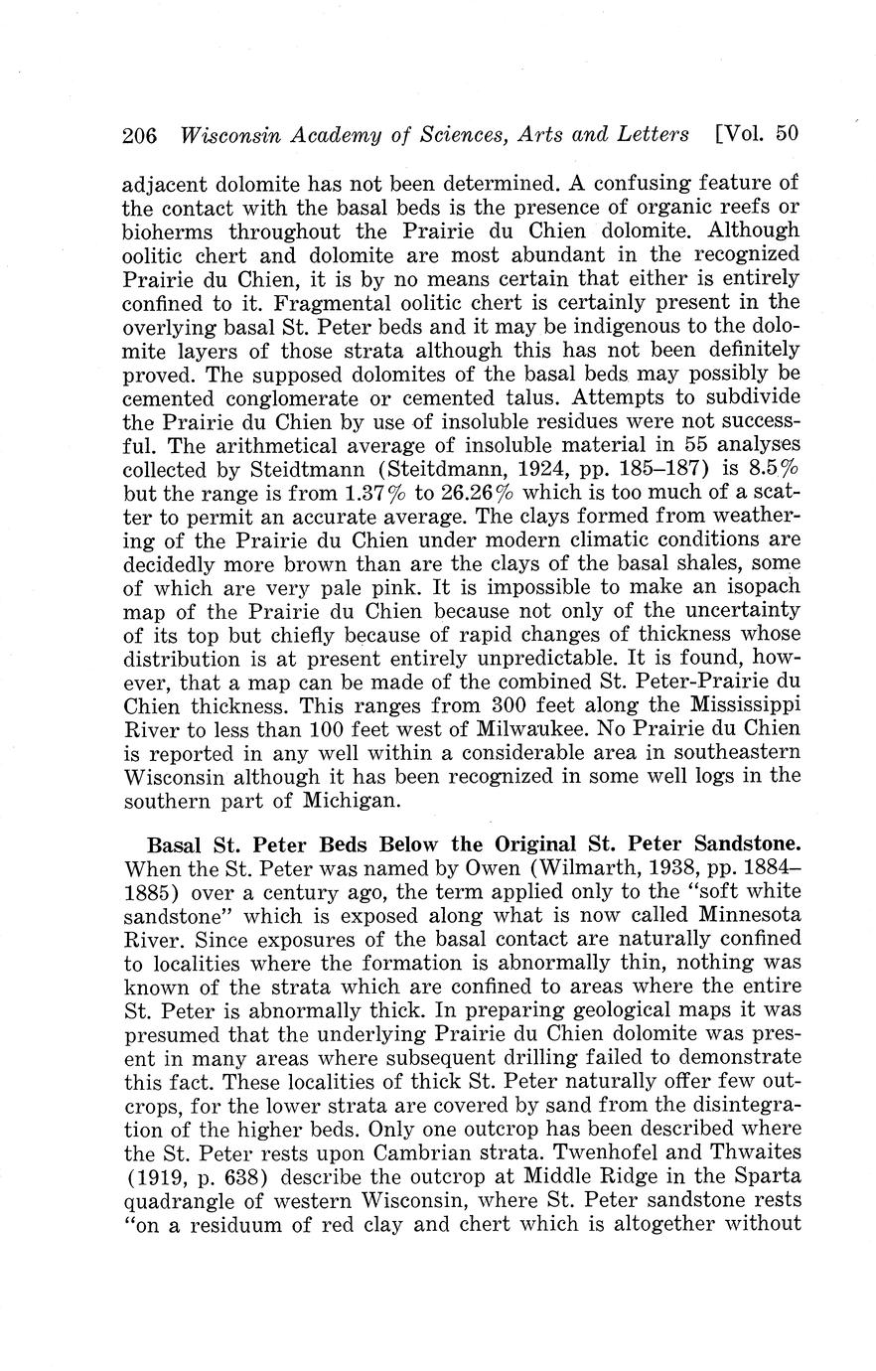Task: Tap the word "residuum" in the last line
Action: tap(219, 1223)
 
